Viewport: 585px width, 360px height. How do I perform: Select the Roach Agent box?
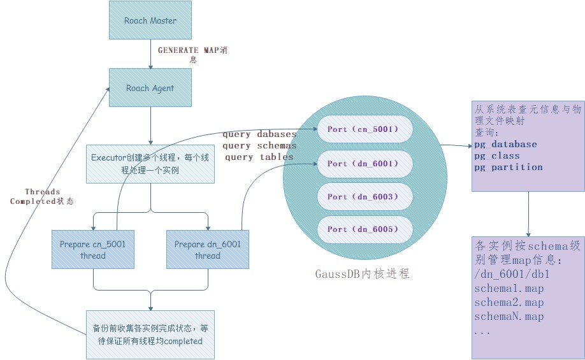150,88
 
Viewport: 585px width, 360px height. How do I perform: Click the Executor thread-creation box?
150,163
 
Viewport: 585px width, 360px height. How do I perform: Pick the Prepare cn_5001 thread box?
93,249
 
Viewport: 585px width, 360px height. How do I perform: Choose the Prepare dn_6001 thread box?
208,249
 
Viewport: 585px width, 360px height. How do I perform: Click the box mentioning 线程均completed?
150,335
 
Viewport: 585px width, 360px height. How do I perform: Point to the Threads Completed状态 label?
42,196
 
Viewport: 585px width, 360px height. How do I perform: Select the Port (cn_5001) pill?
363,129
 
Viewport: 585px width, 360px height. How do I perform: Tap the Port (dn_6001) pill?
363,164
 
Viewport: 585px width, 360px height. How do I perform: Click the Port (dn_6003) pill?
363,197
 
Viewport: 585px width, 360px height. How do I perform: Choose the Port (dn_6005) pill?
363,229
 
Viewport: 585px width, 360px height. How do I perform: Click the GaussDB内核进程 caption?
362,273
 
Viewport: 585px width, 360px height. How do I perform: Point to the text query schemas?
259,146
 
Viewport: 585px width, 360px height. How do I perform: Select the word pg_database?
505,145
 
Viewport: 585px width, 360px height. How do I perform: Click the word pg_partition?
508,168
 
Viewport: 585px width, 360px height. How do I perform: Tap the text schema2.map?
509,303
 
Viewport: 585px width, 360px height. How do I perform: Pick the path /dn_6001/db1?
512,275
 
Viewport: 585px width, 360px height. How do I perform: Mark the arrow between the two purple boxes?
528,213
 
